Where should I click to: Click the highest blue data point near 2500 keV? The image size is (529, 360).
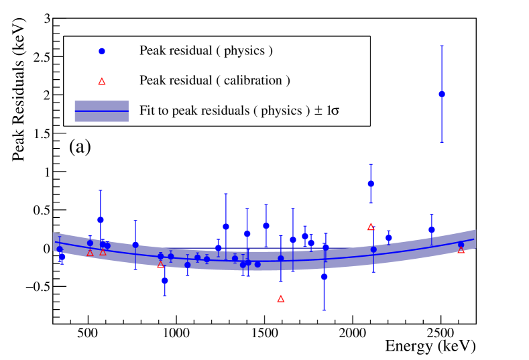pyautogui.click(x=441, y=94)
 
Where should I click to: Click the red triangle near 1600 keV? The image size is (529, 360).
pyautogui.click(x=281, y=299)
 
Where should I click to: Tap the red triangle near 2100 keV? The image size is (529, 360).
pyautogui.click(x=371, y=227)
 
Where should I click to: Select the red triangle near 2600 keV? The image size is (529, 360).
pyautogui.click(x=461, y=250)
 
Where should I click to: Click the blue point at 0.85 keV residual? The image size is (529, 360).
pyautogui.click(x=371, y=184)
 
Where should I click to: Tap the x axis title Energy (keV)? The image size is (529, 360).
pyautogui.click(x=430, y=347)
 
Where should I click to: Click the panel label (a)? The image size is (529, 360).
pyautogui.click(x=80, y=147)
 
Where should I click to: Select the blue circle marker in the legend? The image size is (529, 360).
pyautogui.click(x=102, y=51)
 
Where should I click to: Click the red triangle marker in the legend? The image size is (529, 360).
pyautogui.click(x=102, y=81)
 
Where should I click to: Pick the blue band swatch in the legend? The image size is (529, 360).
pyautogui.click(x=102, y=111)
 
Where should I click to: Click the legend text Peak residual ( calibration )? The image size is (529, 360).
pyautogui.click(x=215, y=80)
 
